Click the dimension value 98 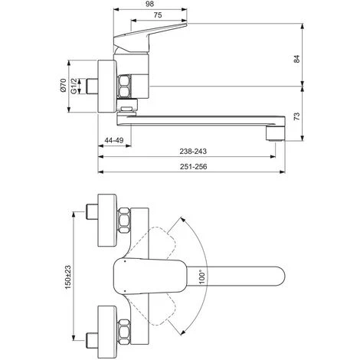point(151,4)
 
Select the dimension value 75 point(158,15)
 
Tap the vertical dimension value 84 point(296,59)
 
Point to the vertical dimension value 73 point(296,116)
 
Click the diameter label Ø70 point(63,85)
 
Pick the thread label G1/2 point(74,86)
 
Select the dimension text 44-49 point(114,140)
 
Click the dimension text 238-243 point(193,152)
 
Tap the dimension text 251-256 point(193,167)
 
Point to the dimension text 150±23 point(68,277)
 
